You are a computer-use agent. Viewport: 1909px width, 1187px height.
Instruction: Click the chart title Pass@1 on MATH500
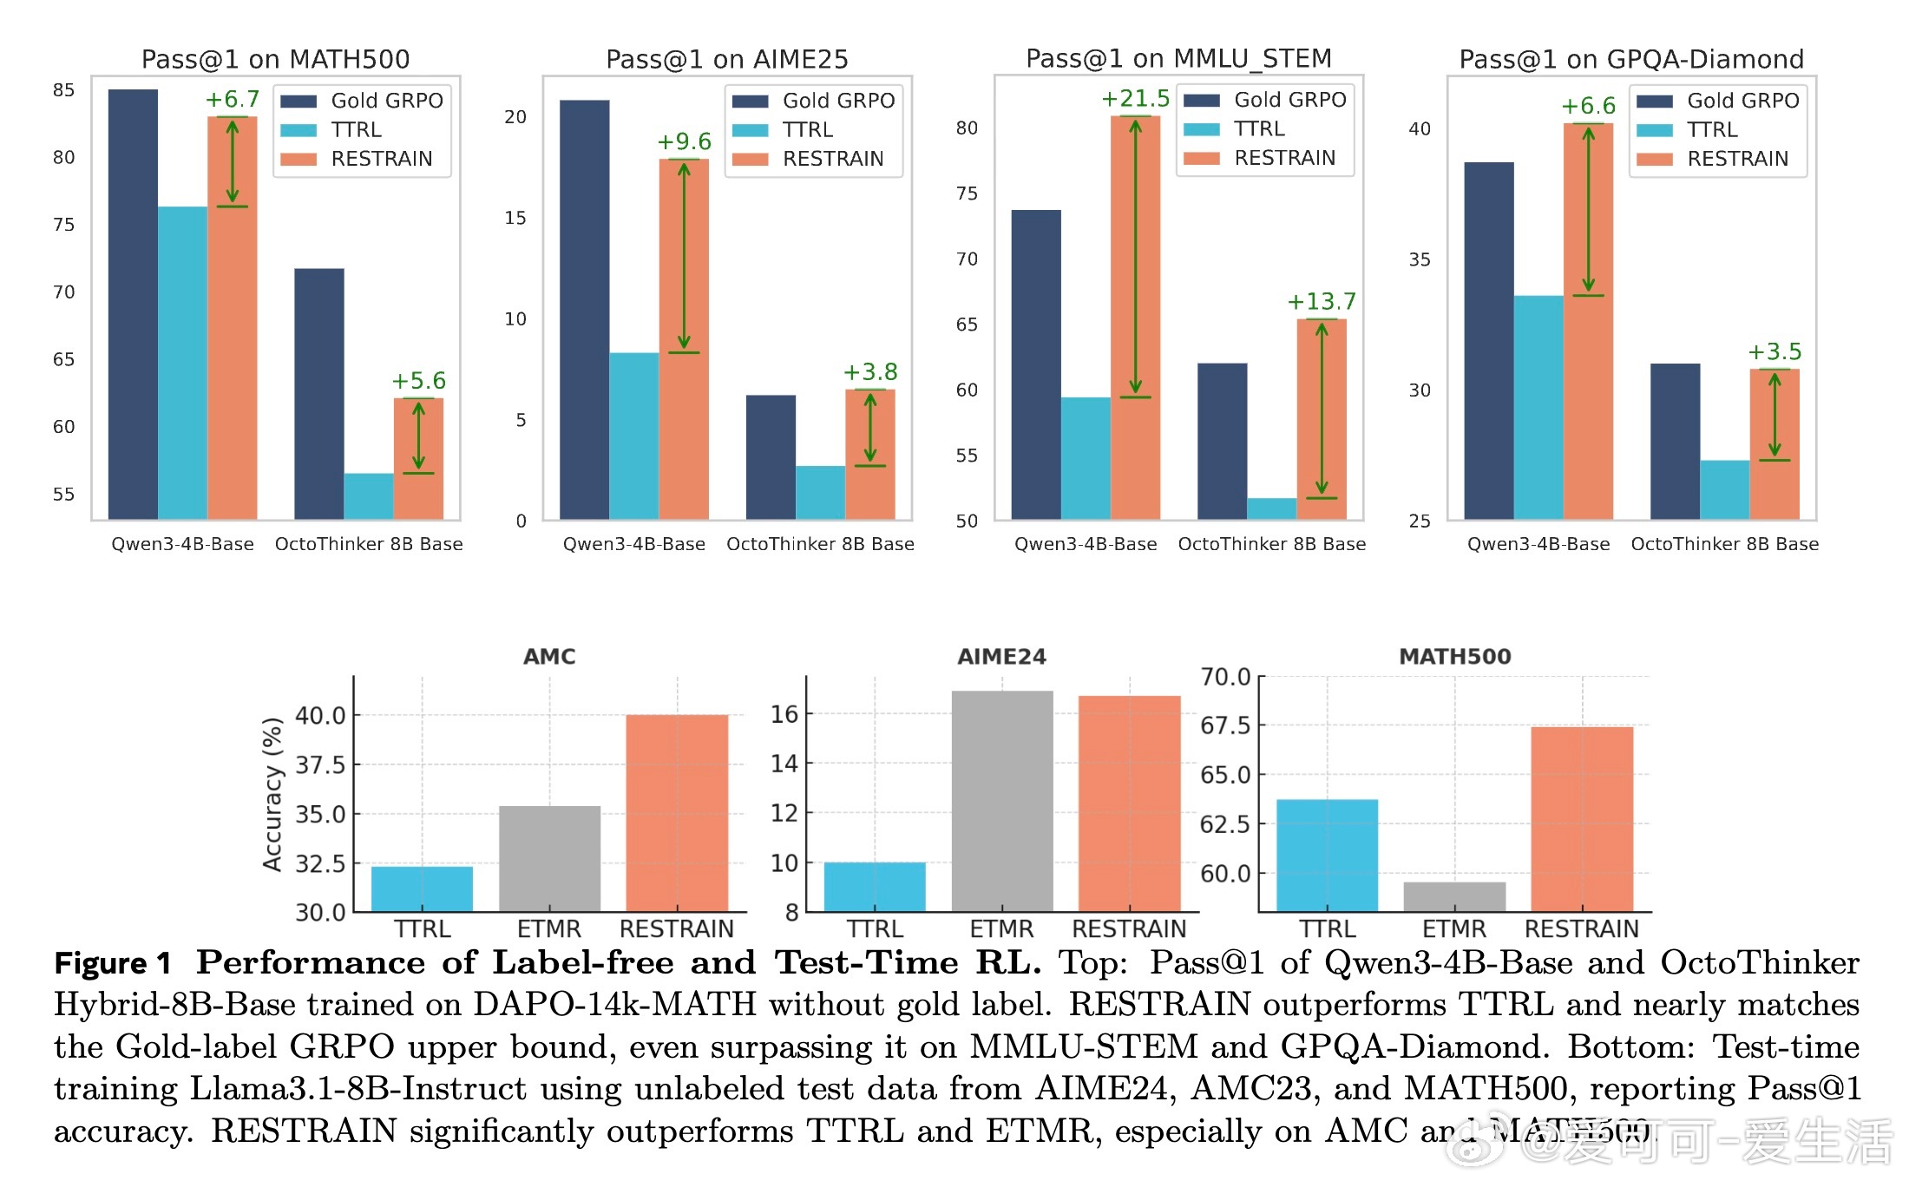click(275, 59)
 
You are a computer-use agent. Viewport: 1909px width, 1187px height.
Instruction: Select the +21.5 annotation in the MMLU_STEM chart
click(1135, 99)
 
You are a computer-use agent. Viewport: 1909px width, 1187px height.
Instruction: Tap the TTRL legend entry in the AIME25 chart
click(807, 129)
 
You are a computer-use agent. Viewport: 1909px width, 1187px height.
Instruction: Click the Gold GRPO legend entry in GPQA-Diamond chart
click(1742, 101)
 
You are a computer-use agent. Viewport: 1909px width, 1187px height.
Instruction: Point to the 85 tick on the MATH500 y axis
click(63, 90)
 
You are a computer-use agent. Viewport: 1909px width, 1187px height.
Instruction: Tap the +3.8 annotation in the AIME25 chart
click(870, 372)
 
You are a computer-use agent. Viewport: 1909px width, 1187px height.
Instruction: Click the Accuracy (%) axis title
click(272, 794)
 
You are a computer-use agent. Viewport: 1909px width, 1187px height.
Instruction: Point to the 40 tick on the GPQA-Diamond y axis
click(1420, 129)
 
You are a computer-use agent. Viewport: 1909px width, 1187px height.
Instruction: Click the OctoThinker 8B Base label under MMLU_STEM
click(1271, 544)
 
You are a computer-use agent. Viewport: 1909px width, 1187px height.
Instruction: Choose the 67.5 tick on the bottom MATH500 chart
click(1225, 725)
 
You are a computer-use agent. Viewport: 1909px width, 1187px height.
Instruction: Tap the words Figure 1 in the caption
click(113, 963)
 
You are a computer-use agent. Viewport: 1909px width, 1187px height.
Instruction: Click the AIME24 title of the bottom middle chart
click(1001, 657)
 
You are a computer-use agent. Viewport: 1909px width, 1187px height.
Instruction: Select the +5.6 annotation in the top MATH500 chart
click(418, 381)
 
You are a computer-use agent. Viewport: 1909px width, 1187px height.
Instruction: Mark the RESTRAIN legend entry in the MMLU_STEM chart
click(1284, 158)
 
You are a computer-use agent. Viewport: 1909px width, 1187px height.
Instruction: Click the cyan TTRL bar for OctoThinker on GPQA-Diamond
click(1724, 489)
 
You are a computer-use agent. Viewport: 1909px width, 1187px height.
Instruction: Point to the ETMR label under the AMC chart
click(548, 929)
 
